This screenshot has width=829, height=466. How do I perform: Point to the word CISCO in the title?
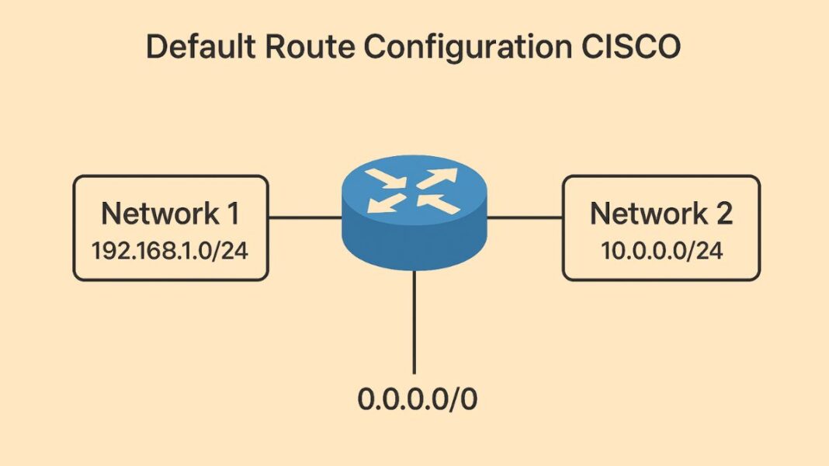point(636,47)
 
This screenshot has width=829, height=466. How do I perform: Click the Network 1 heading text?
point(170,213)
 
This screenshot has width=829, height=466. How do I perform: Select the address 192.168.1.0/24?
point(170,251)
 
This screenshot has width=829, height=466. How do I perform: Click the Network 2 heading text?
point(661,213)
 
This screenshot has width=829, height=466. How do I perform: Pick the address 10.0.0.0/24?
point(661,251)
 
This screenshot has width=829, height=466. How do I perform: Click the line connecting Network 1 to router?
point(304,217)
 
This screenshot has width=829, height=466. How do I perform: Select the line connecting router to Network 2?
point(525,217)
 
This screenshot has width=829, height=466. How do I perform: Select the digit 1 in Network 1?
point(231,213)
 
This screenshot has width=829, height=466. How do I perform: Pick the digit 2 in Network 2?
point(723,213)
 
